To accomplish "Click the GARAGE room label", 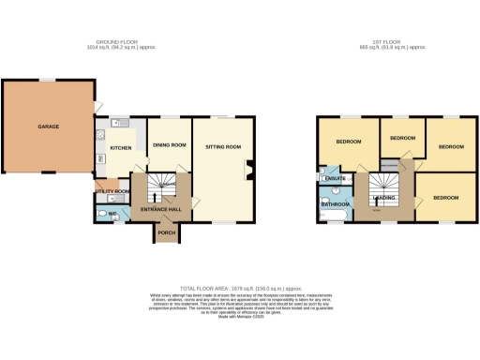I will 49,126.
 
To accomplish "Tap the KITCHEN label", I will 121,147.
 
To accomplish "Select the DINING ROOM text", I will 170,144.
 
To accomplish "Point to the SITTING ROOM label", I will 223,147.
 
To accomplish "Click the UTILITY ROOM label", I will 112,191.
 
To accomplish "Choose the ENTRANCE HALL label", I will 161,209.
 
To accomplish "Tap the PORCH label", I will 167,232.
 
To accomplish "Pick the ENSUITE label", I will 334,178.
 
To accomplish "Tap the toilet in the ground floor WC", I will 102,213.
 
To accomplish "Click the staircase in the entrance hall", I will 166,184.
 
